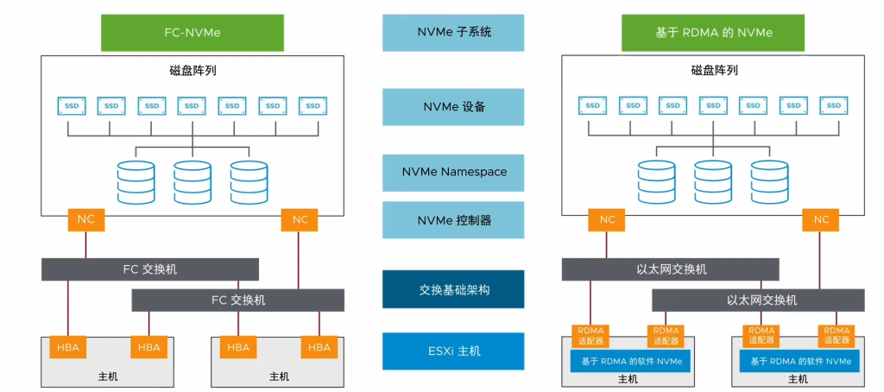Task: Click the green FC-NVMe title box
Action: point(193,33)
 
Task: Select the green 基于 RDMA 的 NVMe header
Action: point(714,33)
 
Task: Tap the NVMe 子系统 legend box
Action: point(453,33)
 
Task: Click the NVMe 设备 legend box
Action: point(453,107)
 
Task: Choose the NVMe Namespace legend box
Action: point(453,172)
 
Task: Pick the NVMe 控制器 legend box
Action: point(453,220)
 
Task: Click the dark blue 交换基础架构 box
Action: point(453,289)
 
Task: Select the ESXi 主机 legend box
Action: point(453,351)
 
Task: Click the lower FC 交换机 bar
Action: point(237,300)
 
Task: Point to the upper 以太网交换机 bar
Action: point(670,269)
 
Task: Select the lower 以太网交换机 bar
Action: point(758,300)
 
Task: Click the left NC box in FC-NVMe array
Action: point(86,219)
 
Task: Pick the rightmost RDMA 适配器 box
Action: point(836,336)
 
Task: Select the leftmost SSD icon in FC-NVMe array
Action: point(72,105)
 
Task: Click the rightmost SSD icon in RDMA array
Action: point(833,105)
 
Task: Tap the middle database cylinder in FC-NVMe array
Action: point(192,182)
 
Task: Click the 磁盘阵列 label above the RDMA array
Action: point(714,71)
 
